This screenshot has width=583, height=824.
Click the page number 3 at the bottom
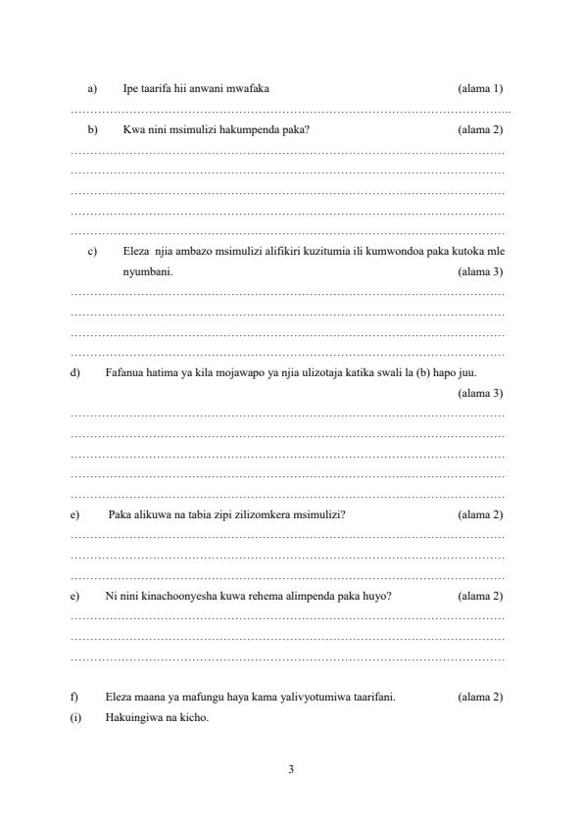click(291, 768)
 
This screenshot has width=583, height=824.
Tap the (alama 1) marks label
click(480, 89)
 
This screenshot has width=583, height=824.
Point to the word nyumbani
click(148, 271)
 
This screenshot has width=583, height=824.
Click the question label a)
click(92, 89)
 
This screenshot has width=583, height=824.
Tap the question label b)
click(92, 129)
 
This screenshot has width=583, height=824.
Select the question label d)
click(75, 372)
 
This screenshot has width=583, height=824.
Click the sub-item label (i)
click(76, 717)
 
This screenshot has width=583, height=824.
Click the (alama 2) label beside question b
click(480, 129)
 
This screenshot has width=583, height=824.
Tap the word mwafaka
click(242, 89)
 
